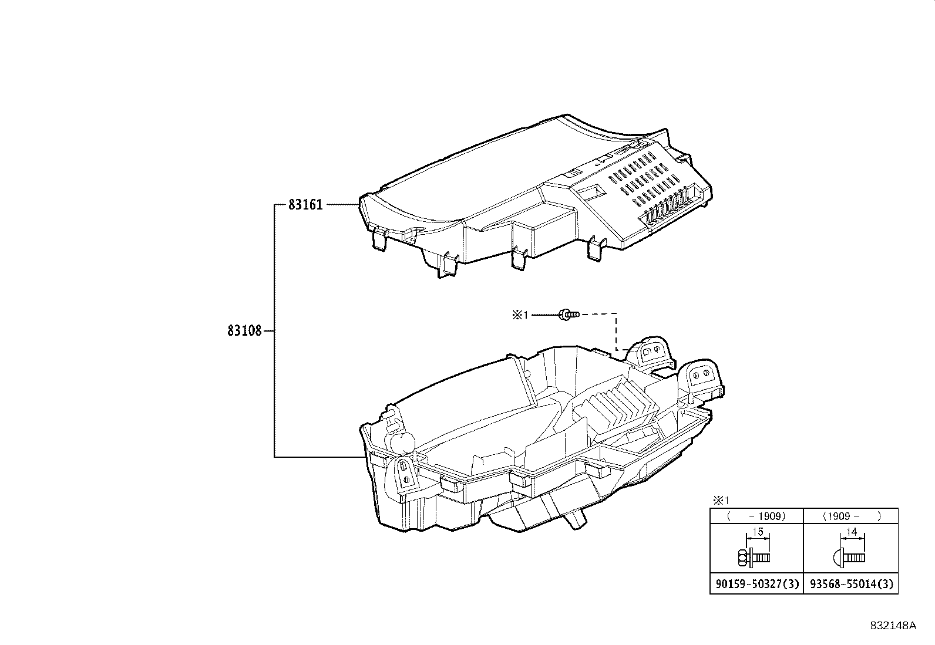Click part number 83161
pyautogui.click(x=305, y=205)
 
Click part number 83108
pyautogui.click(x=244, y=331)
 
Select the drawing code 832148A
pyautogui.click(x=893, y=626)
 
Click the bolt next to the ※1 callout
pyautogui.click(x=568, y=315)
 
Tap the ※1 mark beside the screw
pyautogui.click(x=520, y=315)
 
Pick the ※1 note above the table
pyautogui.click(x=721, y=501)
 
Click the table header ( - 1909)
pyautogui.click(x=756, y=516)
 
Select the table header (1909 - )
pyautogui.click(x=851, y=516)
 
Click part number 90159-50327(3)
pyautogui.click(x=756, y=584)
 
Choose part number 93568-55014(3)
pyautogui.click(x=851, y=584)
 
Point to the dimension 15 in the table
pyautogui.click(x=758, y=532)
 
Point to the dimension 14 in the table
pyautogui.click(x=853, y=532)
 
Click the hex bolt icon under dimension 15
pyautogui.click(x=751, y=556)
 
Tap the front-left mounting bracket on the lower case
pyautogui.click(x=405, y=472)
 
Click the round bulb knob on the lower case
pyautogui.click(x=399, y=443)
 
